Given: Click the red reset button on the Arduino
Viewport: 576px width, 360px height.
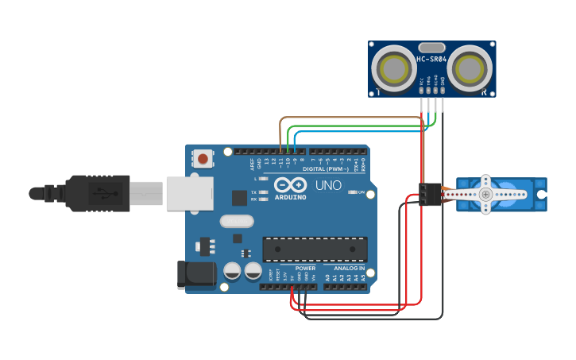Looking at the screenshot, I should point(203,158).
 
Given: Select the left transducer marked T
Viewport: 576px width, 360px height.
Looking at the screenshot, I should point(395,68).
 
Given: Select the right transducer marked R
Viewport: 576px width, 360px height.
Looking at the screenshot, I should point(469,68).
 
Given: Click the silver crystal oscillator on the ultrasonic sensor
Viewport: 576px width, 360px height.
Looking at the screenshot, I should point(431,48).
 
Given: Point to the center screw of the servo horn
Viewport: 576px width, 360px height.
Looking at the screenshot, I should point(485,195).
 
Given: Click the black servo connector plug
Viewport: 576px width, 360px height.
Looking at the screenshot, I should point(430,194).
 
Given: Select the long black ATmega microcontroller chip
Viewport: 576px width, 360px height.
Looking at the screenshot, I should point(315,248).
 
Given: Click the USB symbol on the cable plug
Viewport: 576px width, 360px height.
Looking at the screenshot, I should point(101,193).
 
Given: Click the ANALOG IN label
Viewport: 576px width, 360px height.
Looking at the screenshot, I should point(350,269).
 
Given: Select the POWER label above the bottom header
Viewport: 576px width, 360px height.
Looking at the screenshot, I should point(306,269).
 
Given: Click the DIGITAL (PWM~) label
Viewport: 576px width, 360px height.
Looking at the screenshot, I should point(323,168).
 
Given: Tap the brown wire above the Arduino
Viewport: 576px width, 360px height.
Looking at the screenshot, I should point(350,118).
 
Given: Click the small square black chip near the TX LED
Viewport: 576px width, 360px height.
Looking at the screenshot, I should point(239,198).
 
